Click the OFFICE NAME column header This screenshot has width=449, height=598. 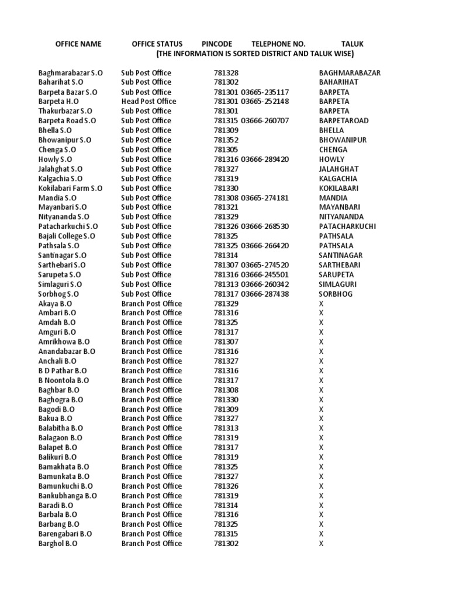pyautogui.click(x=78, y=44)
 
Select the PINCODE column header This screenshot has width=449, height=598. pyautogui.click(x=217, y=44)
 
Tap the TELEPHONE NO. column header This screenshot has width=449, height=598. pyautogui.click(x=278, y=44)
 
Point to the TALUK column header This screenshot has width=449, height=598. pyautogui.click(x=353, y=44)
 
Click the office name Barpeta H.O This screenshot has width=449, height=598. pyautogui.click(x=58, y=102)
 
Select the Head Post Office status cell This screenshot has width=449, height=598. pyautogui.click(x=148, y=102)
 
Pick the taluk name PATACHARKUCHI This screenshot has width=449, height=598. pyautogui.click(x=347, y=227)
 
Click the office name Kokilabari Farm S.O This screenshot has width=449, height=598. pyautogui.click(x=70, y=188)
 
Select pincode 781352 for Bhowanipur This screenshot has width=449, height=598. pyautogui.click(x=226, y=140)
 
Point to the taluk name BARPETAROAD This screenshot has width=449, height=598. pyautogui.click(x=344, y=121)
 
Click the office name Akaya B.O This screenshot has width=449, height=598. pyautogui.click(x=56, y=304)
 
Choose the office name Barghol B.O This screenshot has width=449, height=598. pyautogui.click(x=58, y=543)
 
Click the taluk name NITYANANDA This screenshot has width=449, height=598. pyautogui.click(x=341, y=217)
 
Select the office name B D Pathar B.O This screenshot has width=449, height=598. pyautogui.click(x=63, y=371)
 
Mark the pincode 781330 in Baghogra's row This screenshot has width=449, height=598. pyautogui.click(x=226, y=399)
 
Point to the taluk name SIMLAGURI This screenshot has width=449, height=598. pyautogui.click(x=338, y=284)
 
